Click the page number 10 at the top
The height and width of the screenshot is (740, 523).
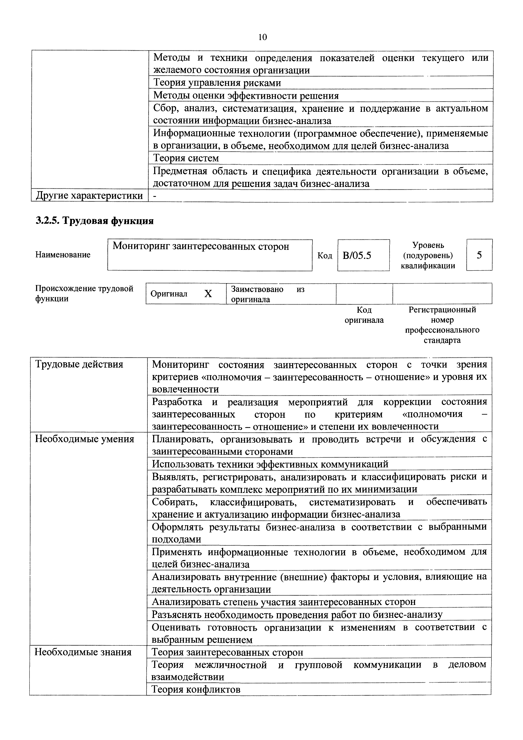(x=263, y=37)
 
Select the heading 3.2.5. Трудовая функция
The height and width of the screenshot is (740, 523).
(x=94, y=221)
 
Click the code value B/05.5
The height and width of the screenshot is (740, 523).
(x=357, y=256)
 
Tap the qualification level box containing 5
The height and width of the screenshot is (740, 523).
(x=479, y=255)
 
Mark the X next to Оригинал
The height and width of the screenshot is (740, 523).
(x=208, y=294)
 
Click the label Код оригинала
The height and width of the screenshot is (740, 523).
(x=364, y=315)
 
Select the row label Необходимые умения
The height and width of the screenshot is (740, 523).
(x=84, y=439)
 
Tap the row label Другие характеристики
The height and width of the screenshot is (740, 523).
(x=90, y=196)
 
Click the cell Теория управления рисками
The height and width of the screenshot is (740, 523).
(x=217, y=83)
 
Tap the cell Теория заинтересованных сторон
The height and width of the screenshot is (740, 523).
(x=227, y=652)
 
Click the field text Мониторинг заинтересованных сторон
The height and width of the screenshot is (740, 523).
(x=201, y=246)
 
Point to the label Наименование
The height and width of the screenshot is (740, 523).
(x=63, y=255)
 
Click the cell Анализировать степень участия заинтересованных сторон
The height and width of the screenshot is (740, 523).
(x=283, y=602)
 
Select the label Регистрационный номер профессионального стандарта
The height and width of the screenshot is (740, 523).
(x=442, y=325)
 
